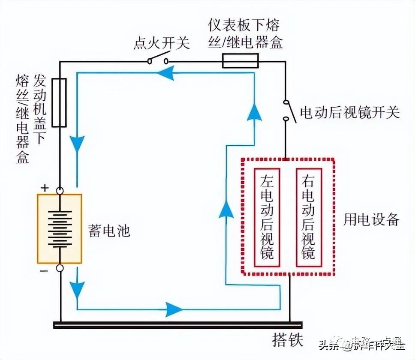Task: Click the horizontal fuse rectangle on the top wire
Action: click(240, 61)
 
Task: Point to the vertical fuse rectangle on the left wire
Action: click(59, 103)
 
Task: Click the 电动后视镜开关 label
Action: click(349, 112)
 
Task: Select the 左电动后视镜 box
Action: click(267, 217)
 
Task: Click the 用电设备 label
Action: click(371, 219)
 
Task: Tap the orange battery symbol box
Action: click(59, 228)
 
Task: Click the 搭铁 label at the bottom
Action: click(288, 340)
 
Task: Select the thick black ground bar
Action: click(171, 325)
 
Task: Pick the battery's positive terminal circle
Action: click(60, 190)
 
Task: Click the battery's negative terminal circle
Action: click(60, 268)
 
